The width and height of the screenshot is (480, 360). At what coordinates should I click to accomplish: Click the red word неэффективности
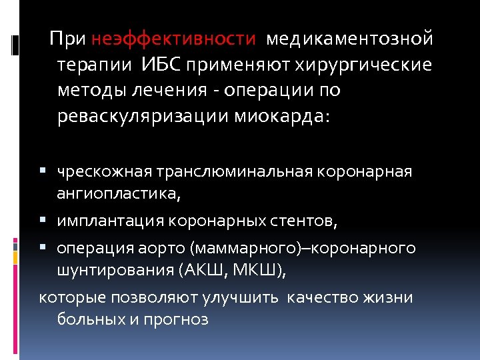pos(173,39)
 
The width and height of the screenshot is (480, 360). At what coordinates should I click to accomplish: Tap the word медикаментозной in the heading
pos(349,39)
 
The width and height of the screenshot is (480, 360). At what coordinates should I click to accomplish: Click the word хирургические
pos(376,65)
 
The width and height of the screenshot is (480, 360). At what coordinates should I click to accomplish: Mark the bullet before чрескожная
pos(42,171)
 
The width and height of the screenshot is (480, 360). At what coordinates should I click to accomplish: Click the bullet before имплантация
pos(42,219)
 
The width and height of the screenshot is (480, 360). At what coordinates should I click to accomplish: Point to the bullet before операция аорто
pos(42,249)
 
